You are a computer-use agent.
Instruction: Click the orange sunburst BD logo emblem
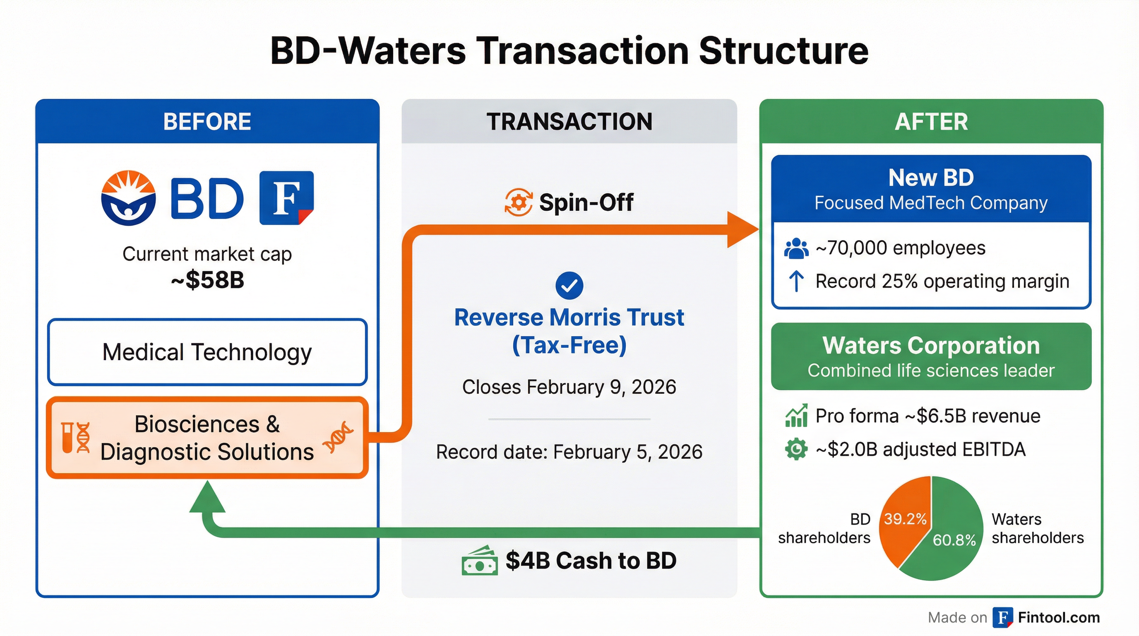point(128,198)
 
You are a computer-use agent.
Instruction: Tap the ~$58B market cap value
point(207,280)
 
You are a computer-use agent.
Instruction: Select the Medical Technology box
point(207,352)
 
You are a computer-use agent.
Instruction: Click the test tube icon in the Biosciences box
point(67,437)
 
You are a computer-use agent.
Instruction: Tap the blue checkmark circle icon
point(569,285)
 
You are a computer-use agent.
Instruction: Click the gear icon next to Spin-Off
point(518,202)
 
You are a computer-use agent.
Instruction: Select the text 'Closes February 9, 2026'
point(569,387)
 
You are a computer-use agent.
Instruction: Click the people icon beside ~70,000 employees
point(796,248)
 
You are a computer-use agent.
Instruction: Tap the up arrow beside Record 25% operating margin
point(796,281)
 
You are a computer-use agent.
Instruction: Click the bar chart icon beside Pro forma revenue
point(796,416)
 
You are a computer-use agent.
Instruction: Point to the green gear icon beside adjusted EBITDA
point(796,449)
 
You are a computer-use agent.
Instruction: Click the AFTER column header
point(931,122)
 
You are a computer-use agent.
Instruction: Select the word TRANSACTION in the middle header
point(569,122)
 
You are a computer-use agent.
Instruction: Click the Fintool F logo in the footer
point(1003,617)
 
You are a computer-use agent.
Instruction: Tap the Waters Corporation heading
point(931,345)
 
